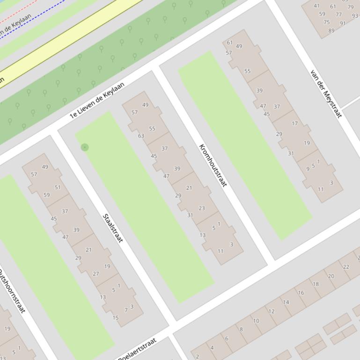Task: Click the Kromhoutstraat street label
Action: pos(213,166)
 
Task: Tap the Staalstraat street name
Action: pos(113,228)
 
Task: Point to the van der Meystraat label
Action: pos(326,94)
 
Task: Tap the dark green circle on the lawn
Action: pos(85,147)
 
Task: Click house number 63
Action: pos(141,136)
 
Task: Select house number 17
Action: pos(294,123)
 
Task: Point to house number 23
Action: pos(202,209)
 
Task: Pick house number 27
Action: pos(96,274)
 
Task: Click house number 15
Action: pos(116,318)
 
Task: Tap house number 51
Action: pos(58,187)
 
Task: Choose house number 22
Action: pos(346,267)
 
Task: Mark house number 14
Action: pos(286,302)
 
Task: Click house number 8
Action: pos(241,329)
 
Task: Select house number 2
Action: pos(197,357)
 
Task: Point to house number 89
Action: pos(331,31)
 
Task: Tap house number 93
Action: pos(355,16)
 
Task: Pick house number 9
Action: pos(308,169)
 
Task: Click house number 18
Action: pos(316,284)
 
